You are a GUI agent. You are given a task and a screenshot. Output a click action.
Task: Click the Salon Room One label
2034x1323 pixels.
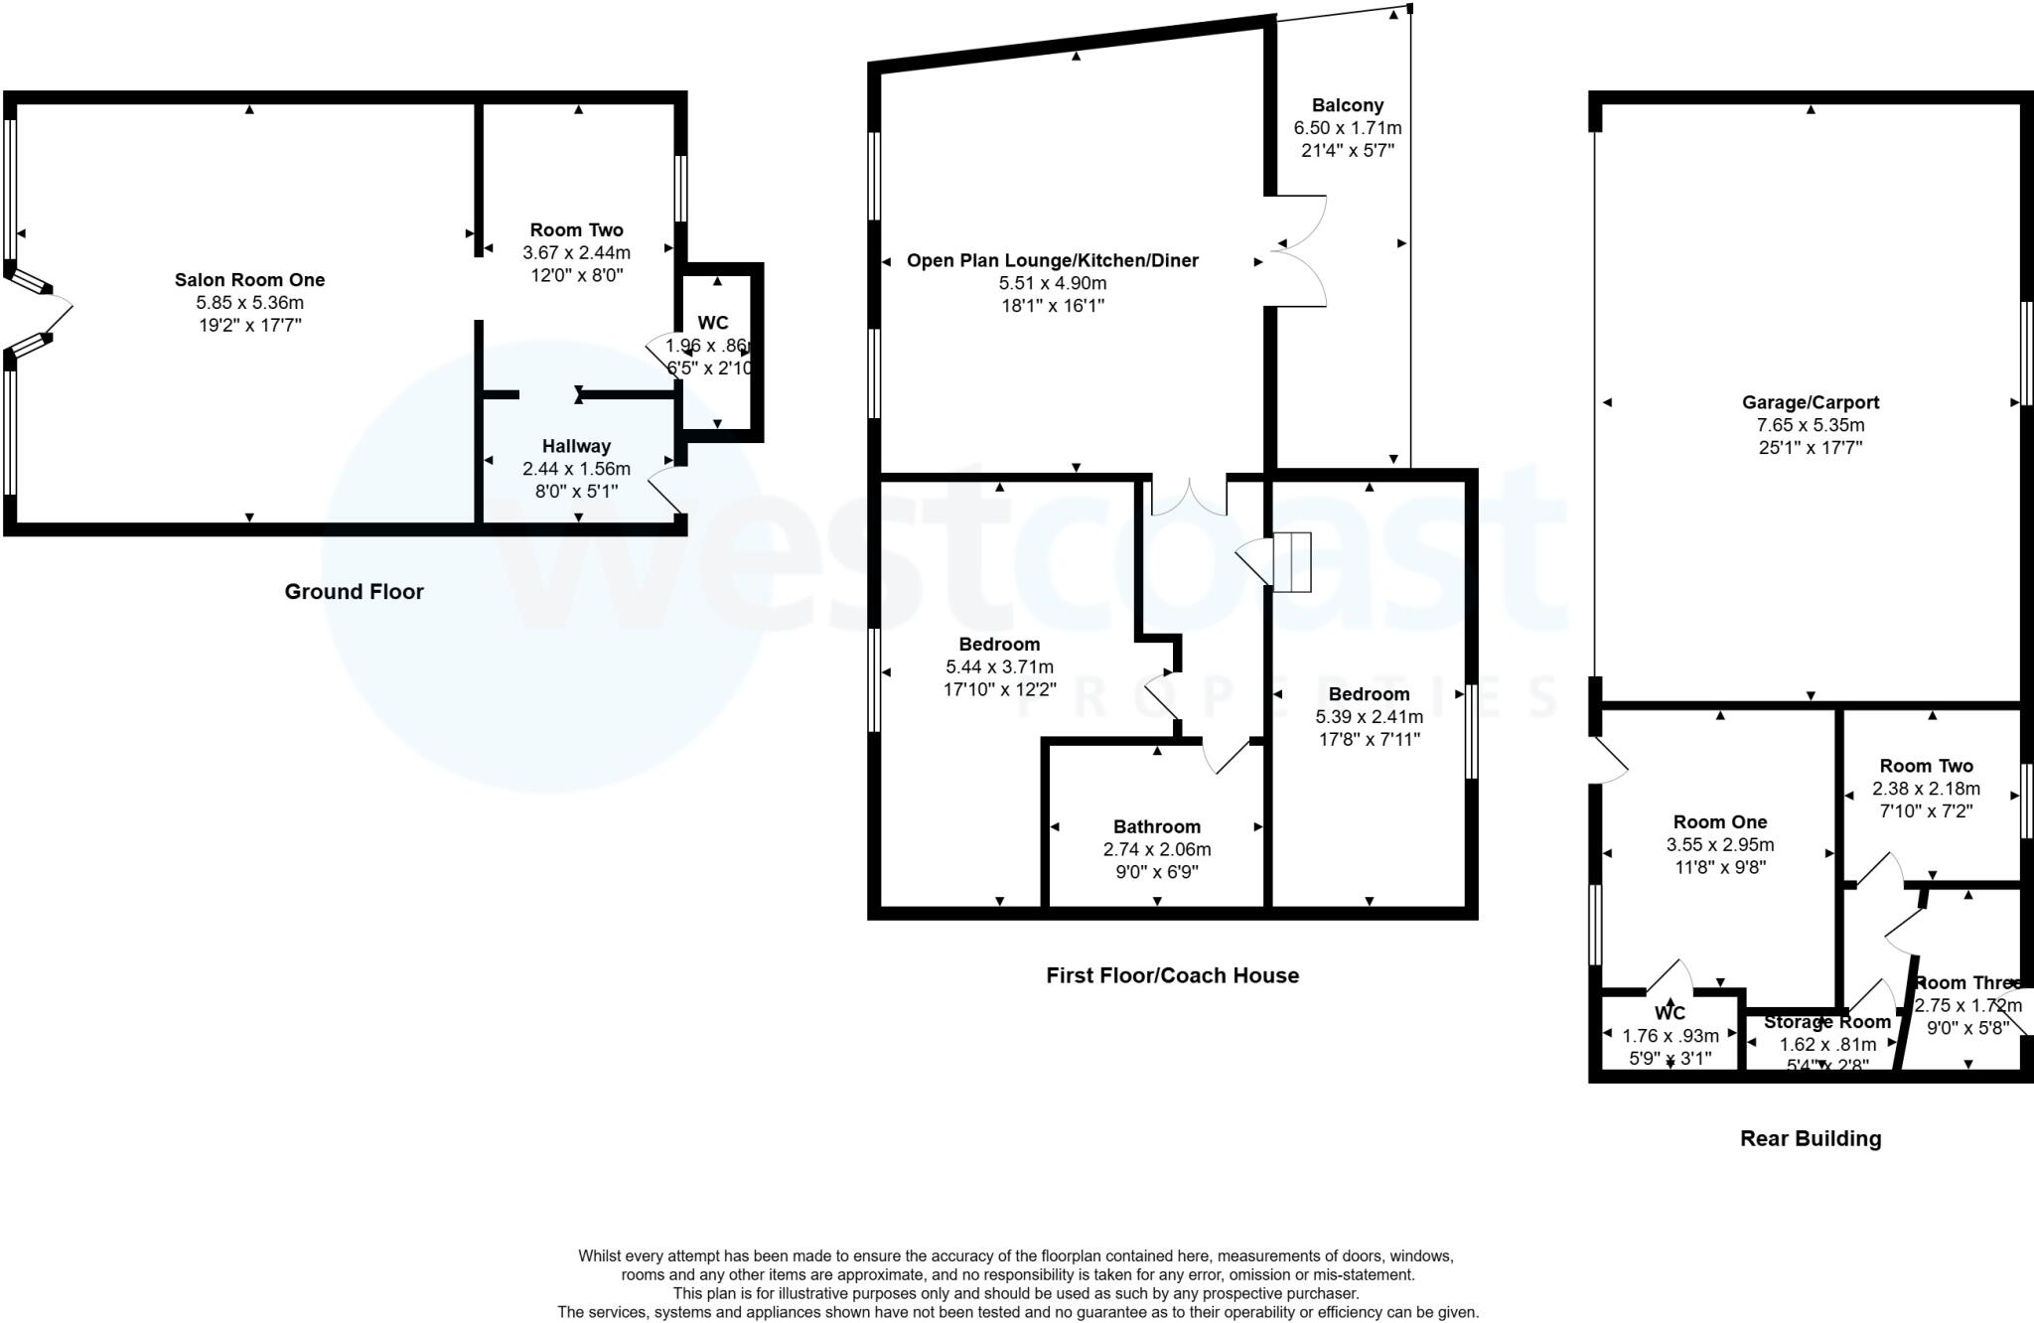[x=249, y=280]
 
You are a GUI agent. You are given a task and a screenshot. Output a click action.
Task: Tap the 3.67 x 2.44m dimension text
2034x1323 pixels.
[x=576, y=253]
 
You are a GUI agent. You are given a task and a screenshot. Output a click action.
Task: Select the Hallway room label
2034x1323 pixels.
[x=576, y=447]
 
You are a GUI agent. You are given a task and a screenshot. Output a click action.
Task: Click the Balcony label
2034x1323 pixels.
[x=1347, y=105]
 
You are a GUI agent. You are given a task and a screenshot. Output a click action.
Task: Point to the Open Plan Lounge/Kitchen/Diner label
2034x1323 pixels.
[x=1052, y=261]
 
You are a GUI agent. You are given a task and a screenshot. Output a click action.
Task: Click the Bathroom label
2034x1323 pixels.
[x=1156, y=827]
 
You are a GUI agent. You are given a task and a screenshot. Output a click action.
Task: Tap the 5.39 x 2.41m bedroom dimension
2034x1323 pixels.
[x=1369, y=717]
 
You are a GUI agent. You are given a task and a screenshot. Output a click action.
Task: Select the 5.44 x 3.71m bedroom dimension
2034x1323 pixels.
[x=999, y=667]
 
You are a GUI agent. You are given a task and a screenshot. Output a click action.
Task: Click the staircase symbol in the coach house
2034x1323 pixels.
[x=1291, y=562]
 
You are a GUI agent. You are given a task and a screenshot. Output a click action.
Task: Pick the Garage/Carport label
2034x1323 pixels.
[x=1810, y=403]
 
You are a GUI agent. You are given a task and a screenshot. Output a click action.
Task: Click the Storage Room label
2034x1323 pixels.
[x=1826, y=1022]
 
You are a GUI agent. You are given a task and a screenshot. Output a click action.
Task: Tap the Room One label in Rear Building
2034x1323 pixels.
[x=1719, y=822]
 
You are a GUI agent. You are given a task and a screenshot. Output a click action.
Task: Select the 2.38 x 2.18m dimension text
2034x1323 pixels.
[x=1926, y=790]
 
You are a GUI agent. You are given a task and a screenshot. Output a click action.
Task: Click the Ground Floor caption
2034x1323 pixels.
[x=354, y=592]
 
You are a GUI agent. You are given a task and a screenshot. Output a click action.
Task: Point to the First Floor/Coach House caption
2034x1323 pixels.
[x=1172, y=976]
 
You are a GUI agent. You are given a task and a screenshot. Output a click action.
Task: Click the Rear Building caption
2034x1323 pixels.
[x=1810, y=1139]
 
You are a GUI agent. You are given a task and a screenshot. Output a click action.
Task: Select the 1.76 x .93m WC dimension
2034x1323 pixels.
[x=1670, y=1036]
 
